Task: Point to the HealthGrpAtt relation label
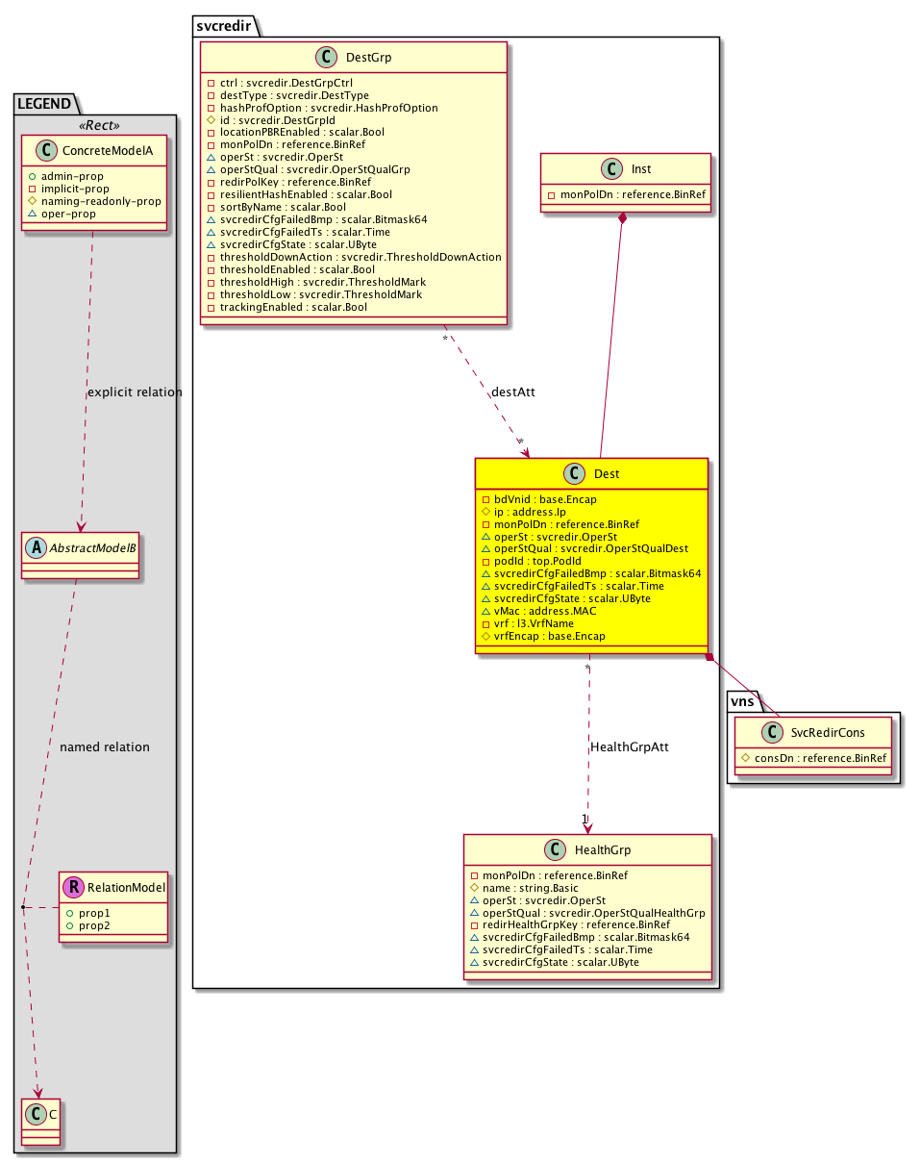click(x=629, y=746)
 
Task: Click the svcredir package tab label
click(x=224, y=25)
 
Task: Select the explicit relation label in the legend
click(x=135, y=392)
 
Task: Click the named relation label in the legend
click(x=104, y=746)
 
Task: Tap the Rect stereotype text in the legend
click(x=95, y=125)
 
